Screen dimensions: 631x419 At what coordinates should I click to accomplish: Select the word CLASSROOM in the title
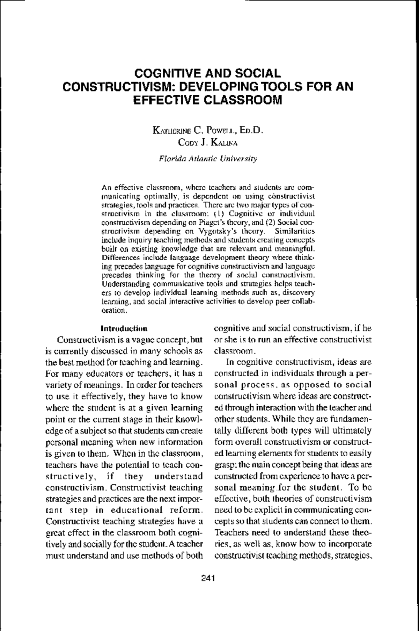242,100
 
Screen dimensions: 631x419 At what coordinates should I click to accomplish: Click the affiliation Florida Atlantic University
208,159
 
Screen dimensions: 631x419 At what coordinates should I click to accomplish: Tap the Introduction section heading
124,328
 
